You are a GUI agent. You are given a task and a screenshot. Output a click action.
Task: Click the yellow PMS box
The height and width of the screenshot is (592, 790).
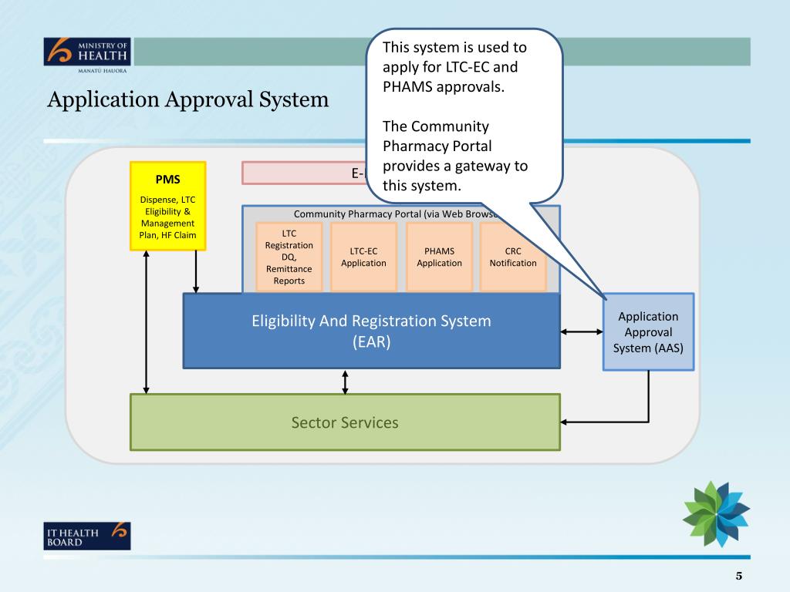(167, 206)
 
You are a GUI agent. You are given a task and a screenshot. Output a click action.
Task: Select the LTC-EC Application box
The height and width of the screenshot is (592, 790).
(363, 257)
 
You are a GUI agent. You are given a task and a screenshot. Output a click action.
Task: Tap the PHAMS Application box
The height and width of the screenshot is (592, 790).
(439, 257)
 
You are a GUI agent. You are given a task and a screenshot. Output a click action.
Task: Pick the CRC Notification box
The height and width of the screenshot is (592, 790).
(513, 257)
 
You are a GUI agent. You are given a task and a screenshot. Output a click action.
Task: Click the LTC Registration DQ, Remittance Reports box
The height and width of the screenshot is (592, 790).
(289, 257)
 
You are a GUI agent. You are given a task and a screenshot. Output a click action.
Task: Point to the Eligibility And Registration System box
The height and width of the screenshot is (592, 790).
(371, 331)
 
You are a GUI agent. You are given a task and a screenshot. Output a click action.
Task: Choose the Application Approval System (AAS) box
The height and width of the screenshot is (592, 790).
(648, 331)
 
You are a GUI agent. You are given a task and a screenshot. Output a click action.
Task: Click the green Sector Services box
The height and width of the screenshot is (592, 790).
(345, 422)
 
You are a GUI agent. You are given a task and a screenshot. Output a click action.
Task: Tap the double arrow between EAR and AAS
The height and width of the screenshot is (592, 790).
(582, 331)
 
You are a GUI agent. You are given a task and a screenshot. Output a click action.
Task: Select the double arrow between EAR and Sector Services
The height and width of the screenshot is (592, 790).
(345, 381)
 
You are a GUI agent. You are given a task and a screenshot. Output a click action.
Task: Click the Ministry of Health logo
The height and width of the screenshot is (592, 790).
(87, 54)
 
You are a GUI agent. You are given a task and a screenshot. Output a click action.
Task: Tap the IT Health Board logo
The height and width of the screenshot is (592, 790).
(87, 535)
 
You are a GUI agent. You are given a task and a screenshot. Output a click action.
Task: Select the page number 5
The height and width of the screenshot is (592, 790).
(738, 576)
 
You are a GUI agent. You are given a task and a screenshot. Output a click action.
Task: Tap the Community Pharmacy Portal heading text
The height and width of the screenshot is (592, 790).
(393, 214)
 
